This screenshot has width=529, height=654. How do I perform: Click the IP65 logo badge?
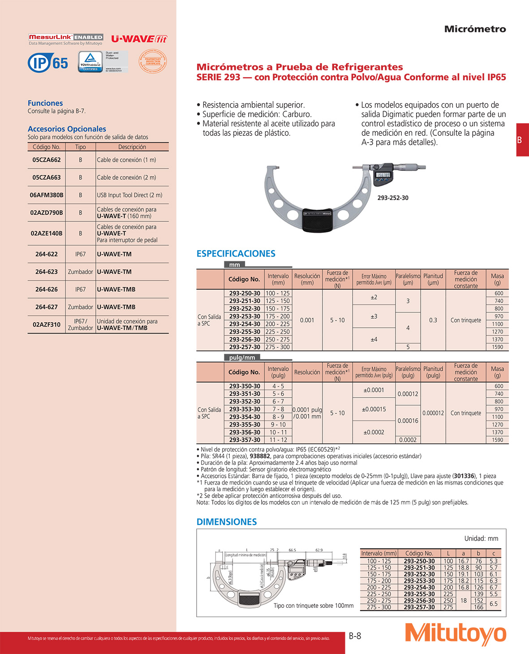click(48, 62)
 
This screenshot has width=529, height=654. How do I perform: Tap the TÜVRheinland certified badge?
click(90, 61)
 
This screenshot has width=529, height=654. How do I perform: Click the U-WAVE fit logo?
click(139, 39)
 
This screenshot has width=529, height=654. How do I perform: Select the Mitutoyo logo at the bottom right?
click(455, 634)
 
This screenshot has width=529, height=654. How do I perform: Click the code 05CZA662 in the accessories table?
click(47, 160)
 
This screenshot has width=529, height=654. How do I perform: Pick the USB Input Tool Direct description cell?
click(130, 195)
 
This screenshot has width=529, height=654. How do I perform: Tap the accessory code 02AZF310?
click(47, 325)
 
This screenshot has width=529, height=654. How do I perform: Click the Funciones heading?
click(45, 103)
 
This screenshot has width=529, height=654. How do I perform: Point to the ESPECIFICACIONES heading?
click(236, 254)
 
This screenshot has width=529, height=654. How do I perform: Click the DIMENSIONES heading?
click(227, 522)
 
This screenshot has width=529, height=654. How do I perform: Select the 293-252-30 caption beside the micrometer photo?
click(393, 198)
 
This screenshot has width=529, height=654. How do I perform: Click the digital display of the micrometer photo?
click(383, 175)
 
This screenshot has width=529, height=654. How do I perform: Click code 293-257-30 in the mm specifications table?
click(245, 347)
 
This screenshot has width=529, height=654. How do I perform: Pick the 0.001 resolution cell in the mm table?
click(307, 320)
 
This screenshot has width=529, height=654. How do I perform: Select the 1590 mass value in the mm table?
click(498, 347)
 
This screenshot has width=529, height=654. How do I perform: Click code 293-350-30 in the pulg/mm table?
click(245, 386)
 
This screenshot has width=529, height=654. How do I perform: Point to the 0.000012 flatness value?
click(433, 413)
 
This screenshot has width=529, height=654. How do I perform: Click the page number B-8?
click(355, 636)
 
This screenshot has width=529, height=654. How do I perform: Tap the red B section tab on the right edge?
click(522, 140)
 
